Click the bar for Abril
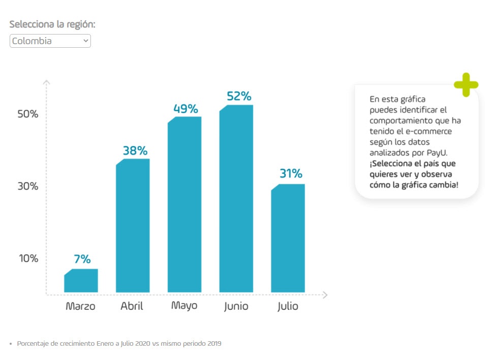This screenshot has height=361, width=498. pos(133,226)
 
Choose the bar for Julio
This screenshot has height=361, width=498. pos(288,238)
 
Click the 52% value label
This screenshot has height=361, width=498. pos(239,96)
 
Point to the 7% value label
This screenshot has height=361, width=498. pos(82,259)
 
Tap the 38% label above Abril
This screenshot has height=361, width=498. pos(135,151)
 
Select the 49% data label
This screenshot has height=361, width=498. pos(185,109)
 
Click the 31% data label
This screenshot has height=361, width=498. pos(291,174)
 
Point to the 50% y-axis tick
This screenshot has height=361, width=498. pos(28,114)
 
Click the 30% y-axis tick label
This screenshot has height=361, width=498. pos(28,186)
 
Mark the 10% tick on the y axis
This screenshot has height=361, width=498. pos(28,258)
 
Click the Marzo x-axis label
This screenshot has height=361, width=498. pos(80,307)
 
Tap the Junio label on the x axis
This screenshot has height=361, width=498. pos(236,307)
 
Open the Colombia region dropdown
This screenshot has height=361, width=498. pos(50,41)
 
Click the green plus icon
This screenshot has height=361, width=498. pos(466,85)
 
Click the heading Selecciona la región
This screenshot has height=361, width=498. pos(52,24)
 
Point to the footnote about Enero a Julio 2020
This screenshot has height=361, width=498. pos(119,344)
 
